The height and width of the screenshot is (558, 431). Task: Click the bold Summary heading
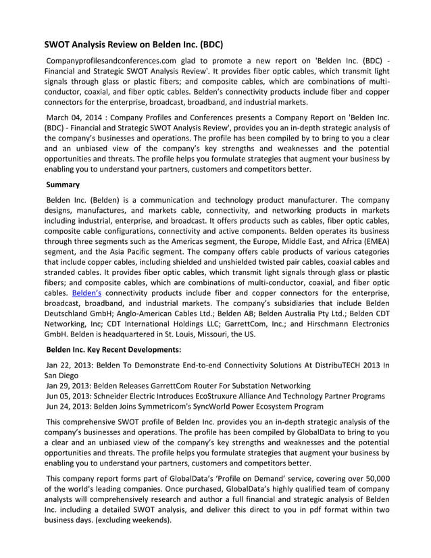click(63, 184)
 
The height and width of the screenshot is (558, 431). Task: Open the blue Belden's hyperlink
click(87, 293)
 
